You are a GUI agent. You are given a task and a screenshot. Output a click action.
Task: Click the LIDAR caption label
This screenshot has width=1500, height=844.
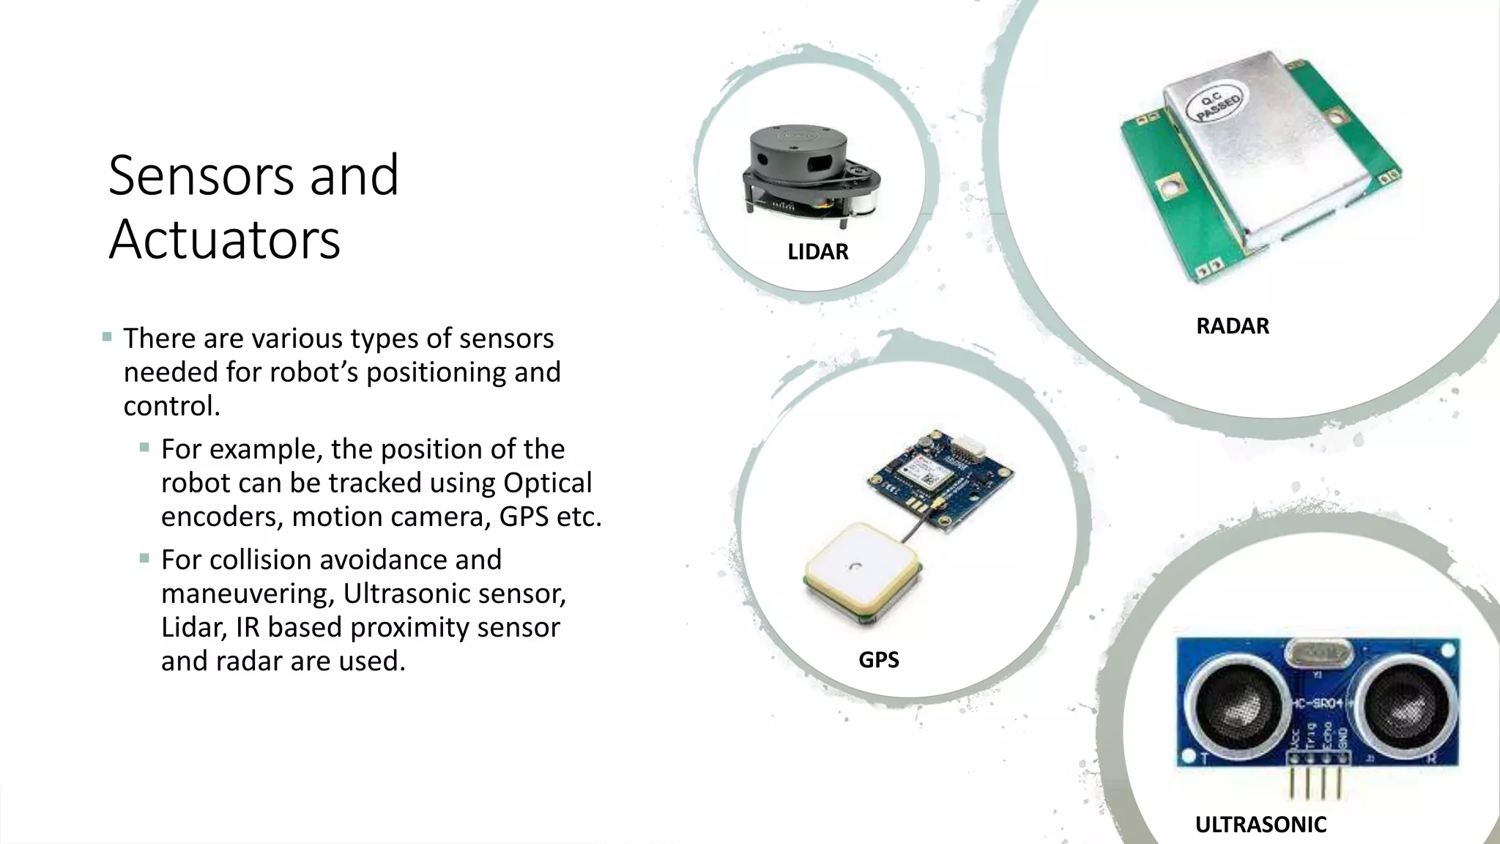coord(817,252)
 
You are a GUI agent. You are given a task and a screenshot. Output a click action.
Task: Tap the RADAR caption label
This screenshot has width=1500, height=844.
coord(1232,326)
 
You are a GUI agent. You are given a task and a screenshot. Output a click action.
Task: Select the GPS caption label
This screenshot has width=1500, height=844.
coord(878,660)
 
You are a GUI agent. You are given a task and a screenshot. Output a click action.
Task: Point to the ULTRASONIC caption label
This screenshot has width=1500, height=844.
coord(1260,825)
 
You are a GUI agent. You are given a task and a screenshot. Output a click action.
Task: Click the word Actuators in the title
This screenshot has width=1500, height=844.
coord(224,239)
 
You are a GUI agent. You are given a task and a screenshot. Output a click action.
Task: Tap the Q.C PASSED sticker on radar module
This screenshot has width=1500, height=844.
coord(1219,108)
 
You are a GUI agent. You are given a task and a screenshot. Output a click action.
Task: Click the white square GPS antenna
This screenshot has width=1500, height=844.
coord(863,571)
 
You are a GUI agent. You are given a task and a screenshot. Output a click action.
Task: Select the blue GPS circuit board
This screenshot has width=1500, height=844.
coord(940,480)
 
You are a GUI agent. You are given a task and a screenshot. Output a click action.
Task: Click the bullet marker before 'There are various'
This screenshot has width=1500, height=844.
coord(108,338)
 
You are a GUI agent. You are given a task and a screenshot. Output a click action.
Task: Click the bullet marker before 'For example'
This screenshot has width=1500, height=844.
coord(144,447)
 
